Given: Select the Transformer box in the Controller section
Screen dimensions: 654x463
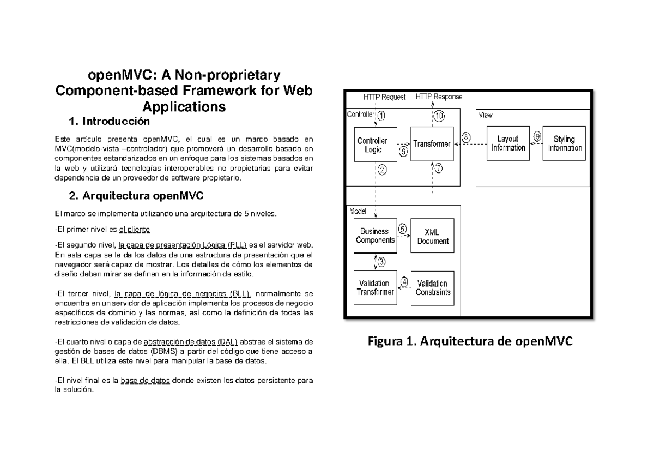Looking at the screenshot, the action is (432, 144).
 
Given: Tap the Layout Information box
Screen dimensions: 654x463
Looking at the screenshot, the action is (508, 143).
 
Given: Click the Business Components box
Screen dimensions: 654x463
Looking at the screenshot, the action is (376, 236).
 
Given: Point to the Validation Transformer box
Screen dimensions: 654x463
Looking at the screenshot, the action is (376, 287).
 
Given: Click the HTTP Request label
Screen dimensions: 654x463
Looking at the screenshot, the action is (385, 97).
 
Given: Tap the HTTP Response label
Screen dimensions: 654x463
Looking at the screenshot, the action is (439, 97).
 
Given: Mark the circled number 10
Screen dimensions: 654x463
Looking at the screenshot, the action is (439, 115).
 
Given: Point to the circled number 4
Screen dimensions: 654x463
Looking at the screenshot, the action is (404, 282).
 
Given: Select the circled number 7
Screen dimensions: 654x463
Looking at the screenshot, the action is (439, 169).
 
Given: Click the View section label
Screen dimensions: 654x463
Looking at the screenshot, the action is (486, 115).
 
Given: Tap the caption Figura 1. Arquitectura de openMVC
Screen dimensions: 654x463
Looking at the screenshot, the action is (470, 342).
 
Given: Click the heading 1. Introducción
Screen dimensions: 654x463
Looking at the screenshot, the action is (112, 121).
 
